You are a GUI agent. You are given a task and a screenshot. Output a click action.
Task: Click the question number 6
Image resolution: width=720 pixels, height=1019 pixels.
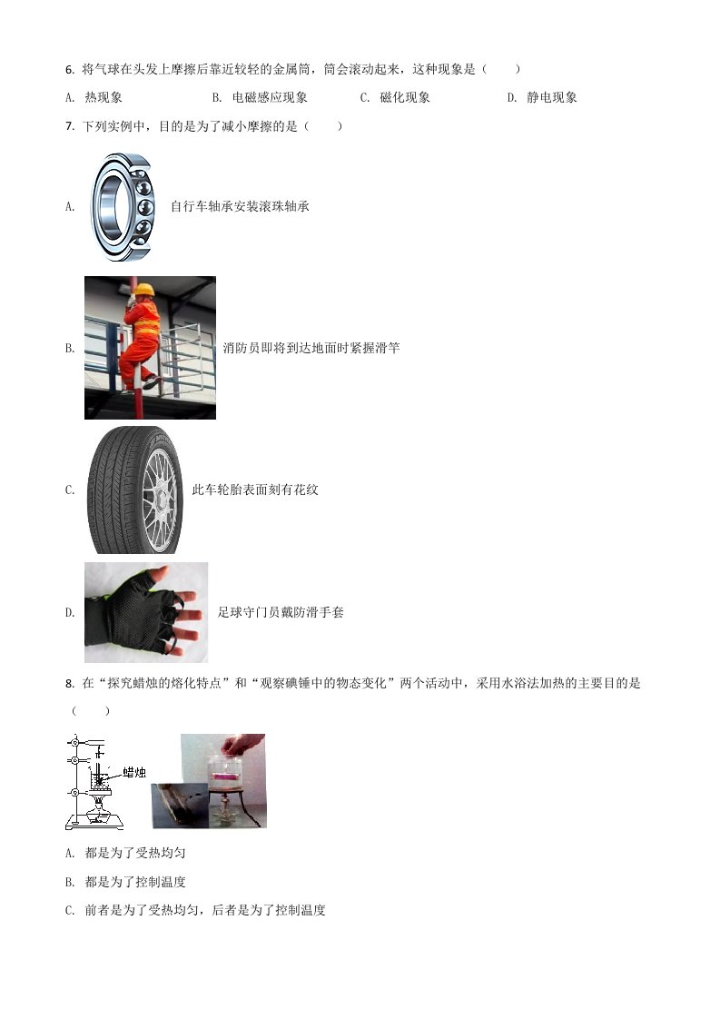tap(69, 70)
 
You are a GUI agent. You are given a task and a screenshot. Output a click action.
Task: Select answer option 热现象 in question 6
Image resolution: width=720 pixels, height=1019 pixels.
tap(104, 97)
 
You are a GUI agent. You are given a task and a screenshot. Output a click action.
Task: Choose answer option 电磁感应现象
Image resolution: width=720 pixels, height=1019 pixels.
tap(270, 97)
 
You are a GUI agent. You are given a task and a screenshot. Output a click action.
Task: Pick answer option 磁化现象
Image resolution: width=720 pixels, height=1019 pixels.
tap(405, 97)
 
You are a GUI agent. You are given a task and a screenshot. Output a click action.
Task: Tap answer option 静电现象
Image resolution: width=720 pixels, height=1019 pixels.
tap(552, 97)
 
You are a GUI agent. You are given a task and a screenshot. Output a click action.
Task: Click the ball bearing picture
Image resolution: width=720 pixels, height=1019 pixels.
tap(122, 207)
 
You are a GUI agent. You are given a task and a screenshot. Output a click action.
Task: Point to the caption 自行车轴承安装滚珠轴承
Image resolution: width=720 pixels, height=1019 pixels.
tap(240, 207)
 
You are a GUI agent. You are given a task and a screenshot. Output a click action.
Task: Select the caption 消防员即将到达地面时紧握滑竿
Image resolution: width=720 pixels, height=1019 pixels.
tap(311, 349)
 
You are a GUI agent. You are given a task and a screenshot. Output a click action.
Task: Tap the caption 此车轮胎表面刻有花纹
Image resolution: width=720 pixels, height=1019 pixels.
tap(255, 490)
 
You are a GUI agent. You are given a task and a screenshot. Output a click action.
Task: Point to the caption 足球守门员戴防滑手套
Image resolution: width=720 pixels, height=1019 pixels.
tap(281, 612)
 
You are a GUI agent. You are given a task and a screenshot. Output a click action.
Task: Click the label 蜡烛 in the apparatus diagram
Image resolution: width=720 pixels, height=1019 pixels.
tap(134, 772)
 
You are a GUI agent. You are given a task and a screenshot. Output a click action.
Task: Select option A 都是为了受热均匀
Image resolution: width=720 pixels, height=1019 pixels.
tap(135, 854)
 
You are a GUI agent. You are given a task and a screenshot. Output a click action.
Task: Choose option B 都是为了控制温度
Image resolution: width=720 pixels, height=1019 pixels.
tap(135, 882)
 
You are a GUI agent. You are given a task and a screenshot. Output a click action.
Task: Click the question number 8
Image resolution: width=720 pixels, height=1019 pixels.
tap(69, 684)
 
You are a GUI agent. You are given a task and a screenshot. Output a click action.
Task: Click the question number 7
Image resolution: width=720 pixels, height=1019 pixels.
tap(69, 127)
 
